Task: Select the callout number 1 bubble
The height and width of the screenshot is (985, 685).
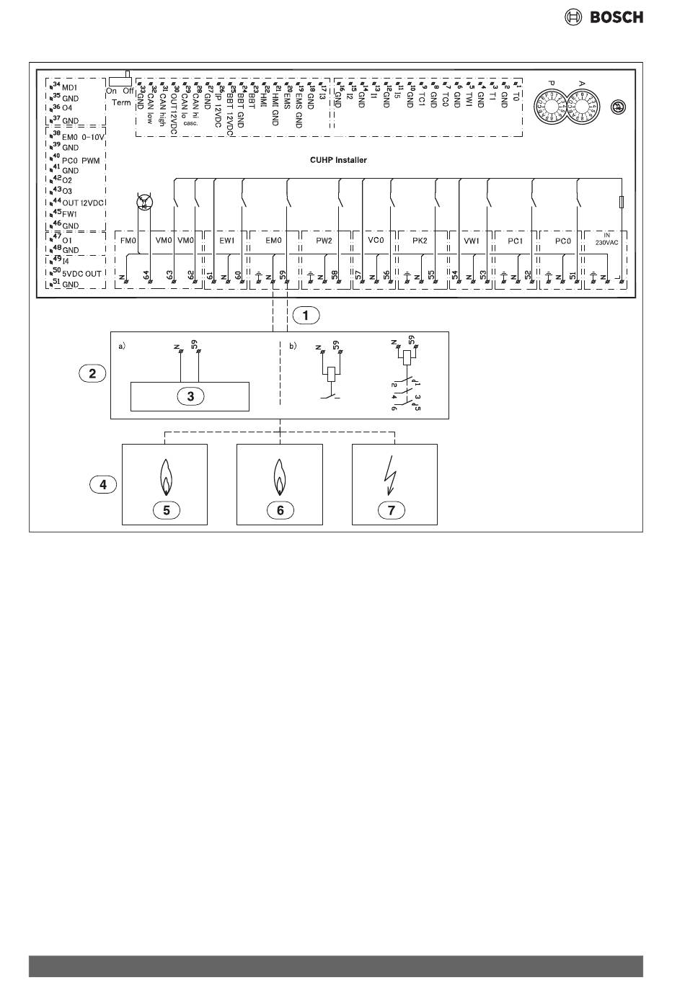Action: pos(306,315)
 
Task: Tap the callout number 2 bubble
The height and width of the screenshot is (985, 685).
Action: pos(92,373)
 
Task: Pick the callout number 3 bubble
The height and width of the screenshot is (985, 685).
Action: pos(190,395)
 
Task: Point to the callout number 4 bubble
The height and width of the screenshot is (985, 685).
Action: pos(103,484)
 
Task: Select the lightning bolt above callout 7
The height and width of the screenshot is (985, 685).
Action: pos(393,476)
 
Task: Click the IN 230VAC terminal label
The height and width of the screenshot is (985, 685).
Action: pos(606,239)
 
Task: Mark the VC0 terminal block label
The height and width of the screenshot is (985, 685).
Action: pos(375,239)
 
